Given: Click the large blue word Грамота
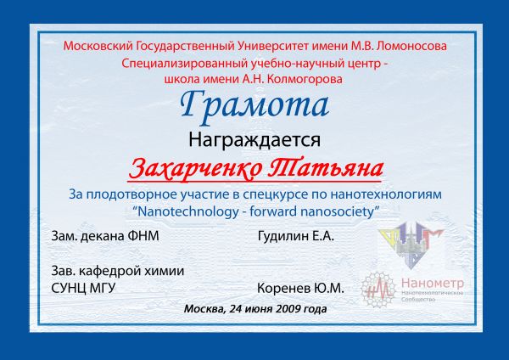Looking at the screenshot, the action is pos(255,105).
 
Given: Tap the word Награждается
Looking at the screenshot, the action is pos(255,140).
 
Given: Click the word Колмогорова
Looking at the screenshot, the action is pos(305,79).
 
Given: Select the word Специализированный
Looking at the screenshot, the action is pos(184,63).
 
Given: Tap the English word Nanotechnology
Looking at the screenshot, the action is pos(188,212).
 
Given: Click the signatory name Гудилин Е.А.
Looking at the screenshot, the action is pos(296,236).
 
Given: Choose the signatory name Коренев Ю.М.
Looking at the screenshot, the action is pos(300,288).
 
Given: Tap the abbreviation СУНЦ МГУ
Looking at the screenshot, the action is pos(83,288).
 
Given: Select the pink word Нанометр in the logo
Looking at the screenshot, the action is pos(433,284).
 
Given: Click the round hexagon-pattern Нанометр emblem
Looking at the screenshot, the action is pos(378,290).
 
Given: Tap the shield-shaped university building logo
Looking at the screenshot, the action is pos(411,245).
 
